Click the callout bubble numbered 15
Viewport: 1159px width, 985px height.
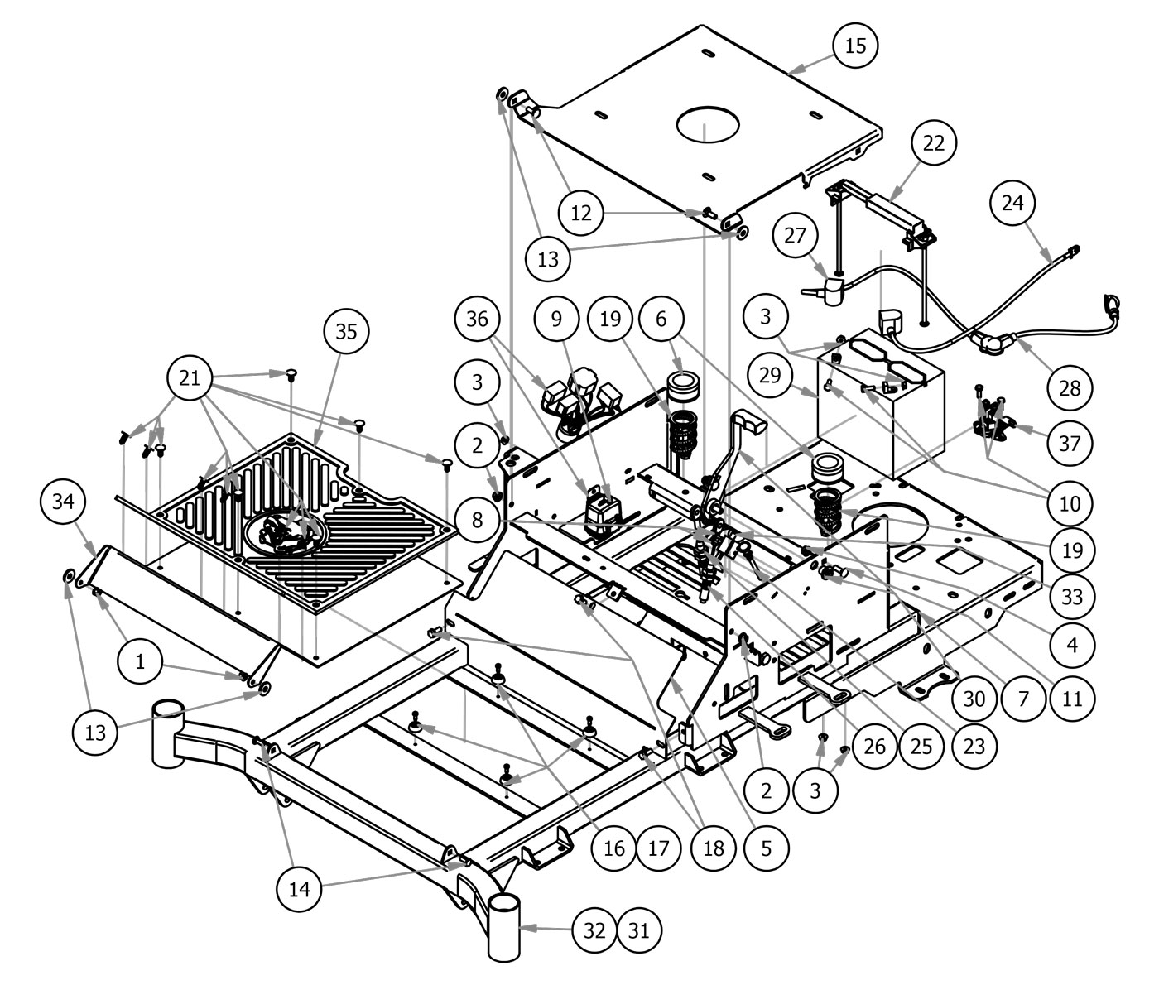(x=855, y=46)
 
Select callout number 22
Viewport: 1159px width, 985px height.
(x=933, y=143)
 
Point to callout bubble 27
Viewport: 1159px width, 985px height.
(x=795, y=236)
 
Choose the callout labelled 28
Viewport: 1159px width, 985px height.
(x=1070, y=387)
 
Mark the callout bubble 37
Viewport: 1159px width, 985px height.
(x=1069, y=443)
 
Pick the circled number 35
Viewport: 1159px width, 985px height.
(x=345, y=331)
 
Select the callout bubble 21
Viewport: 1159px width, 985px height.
(x=190, y=377)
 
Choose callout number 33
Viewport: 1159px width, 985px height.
(x=1071, y=595)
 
